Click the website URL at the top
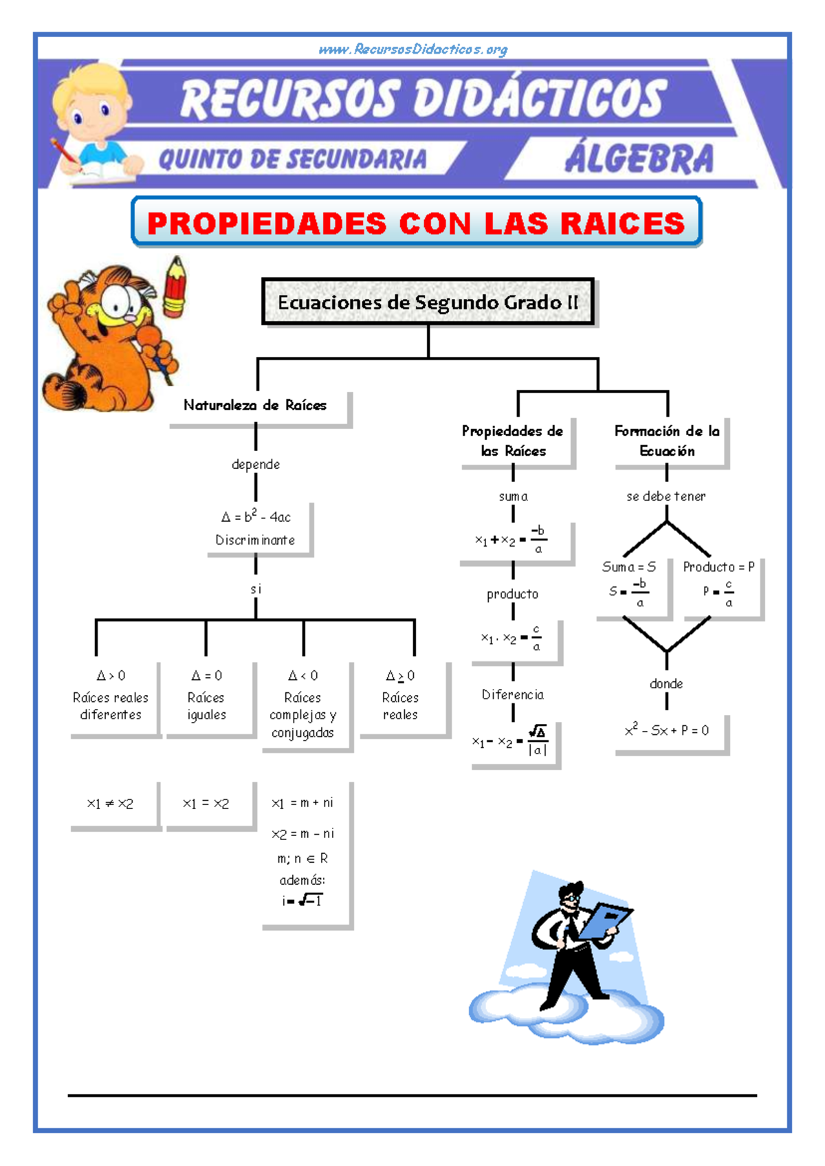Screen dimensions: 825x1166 click(412, 49)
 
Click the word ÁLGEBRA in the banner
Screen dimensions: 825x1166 click(639, 159)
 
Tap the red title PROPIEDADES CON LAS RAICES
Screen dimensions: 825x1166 click(416, 223)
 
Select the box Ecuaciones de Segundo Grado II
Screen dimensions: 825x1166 click(428, 302)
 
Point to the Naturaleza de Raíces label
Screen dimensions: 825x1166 click(255, 405)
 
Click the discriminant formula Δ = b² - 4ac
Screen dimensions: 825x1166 click(256, 516)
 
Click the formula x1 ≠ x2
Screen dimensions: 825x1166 click(110, 804)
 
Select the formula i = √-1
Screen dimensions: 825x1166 click(302, 900)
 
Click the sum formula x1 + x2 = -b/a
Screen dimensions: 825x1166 click(510, 540)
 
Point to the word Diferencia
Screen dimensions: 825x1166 click(513, 694)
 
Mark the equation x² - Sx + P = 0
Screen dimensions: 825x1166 click(667, 730)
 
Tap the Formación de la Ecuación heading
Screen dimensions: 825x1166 click(668, 441)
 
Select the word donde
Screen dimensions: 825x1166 click(666, 683)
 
